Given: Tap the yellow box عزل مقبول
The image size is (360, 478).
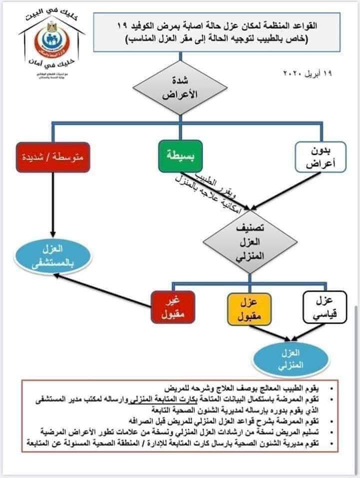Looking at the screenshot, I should tap(248, 308).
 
